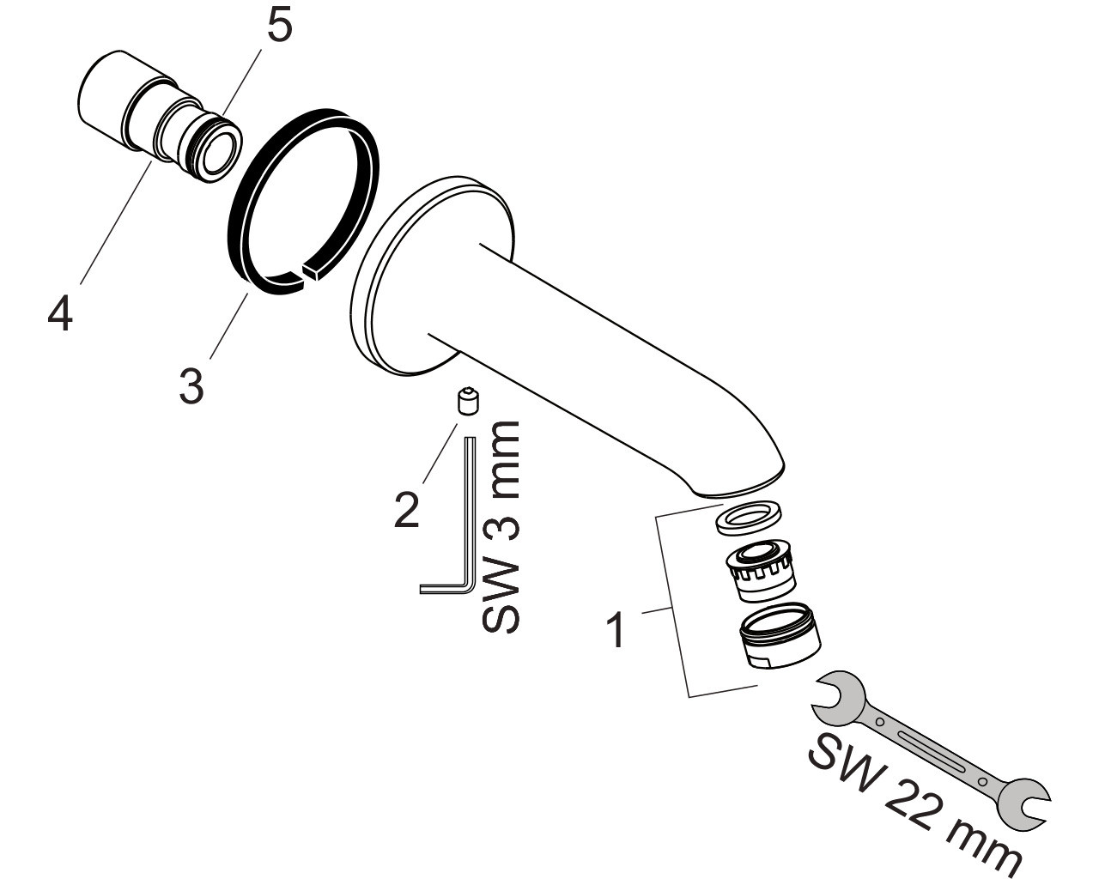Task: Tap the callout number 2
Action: click(x=406, y=510)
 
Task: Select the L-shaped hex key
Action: click(x=448, y=516)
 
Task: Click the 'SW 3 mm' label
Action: click(x=501, y=526)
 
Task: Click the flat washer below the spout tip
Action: click(x=748, y=518)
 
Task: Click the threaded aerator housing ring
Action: click(x=780, y=635)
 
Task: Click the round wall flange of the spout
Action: click(x=432, y=276)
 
